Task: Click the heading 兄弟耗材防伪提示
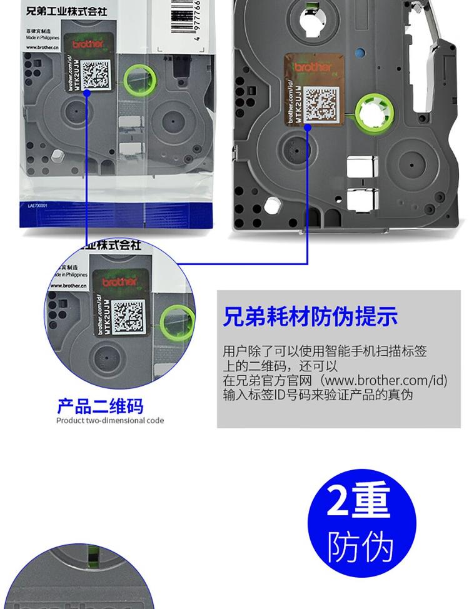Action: tap(310, 316)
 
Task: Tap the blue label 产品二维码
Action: tap(100, 406)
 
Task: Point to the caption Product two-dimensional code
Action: tap(110, 421)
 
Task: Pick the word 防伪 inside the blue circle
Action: tap(361, 546)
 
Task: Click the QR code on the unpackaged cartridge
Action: tap(320, 104)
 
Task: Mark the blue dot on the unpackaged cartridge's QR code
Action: tap(308, 127)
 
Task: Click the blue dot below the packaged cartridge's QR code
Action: tap(88, 93)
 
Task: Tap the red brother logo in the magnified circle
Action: tap(119, 282)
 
